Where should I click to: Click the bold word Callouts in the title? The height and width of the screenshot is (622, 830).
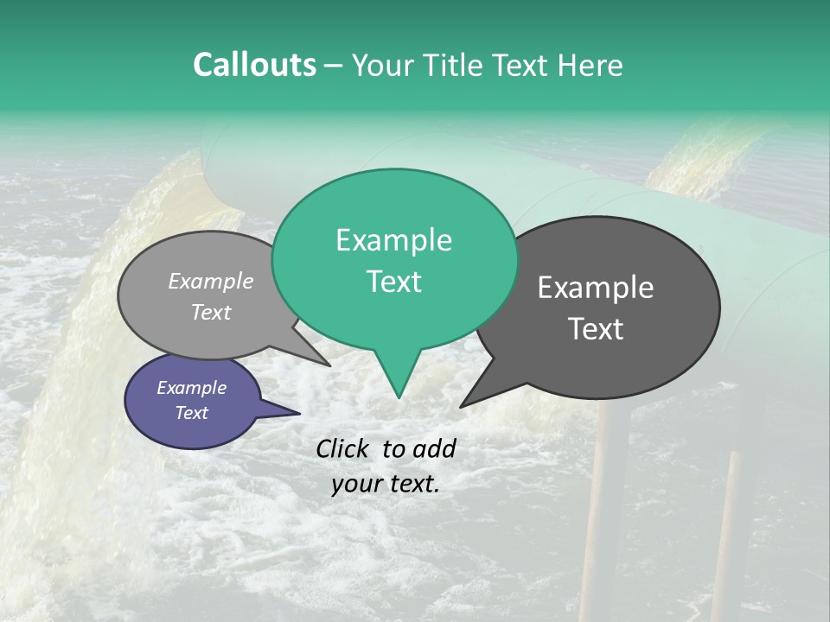(x=254, y=65)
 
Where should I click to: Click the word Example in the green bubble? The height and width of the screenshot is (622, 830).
(x=393, y=240)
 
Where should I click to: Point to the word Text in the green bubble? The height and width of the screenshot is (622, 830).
(x=393, y=281)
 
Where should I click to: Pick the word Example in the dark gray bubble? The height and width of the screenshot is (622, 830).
(x=596, y=288)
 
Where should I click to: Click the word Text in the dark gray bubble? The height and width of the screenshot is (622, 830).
(x=596, y=328)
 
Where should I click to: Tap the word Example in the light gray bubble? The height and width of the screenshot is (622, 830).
(x=210, y=281)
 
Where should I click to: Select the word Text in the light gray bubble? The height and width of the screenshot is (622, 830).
(x=210, y=312)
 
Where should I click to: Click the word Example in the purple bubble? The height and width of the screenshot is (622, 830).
(x=191, y=388)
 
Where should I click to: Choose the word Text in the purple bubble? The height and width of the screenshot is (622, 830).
(x=191, y=413)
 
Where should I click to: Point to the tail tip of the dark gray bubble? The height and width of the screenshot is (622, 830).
(x=461, y=406)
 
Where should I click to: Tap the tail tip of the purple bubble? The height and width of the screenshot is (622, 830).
(x=299, y=413)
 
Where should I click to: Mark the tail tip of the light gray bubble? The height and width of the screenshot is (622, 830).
(x=329, y=365)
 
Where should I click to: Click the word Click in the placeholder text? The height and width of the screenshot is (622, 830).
(x=343, y=448)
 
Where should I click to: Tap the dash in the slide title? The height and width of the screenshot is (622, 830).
(x=334, y=66)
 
